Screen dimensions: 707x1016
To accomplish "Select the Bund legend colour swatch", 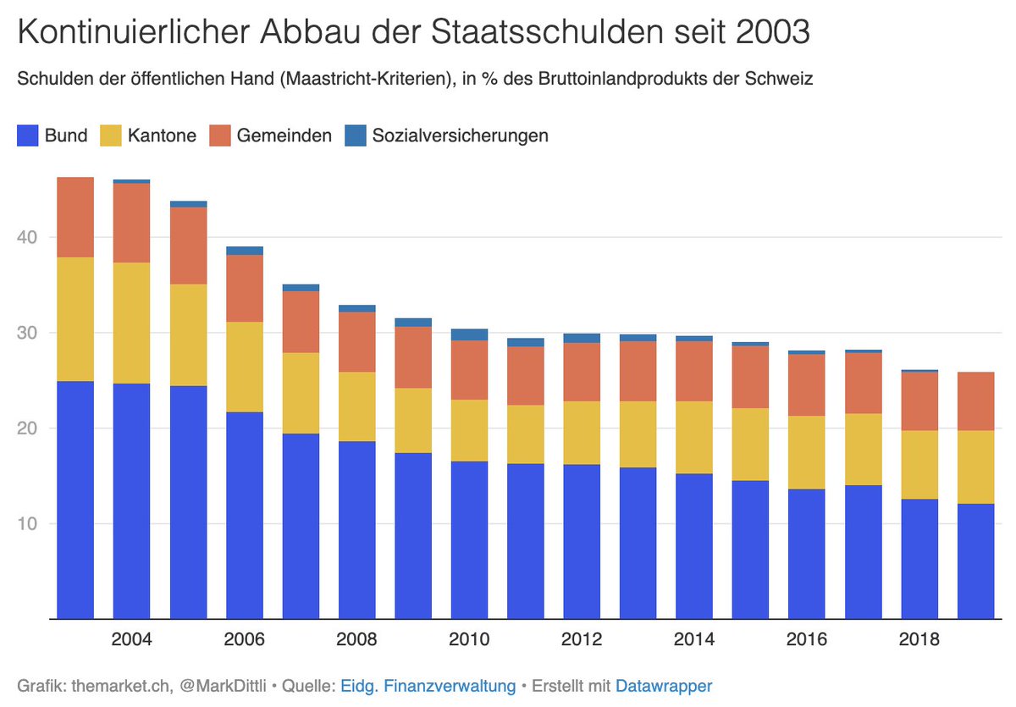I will pyautogui.click(x=28, y=135).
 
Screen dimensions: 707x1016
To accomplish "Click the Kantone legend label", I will pyautogui.click(x=162, y=135).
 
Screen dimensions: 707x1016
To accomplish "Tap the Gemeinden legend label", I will pyautogui.click(x=284, y=135).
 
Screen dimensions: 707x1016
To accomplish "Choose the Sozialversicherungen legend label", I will pyautogui.click(x=460, y=135).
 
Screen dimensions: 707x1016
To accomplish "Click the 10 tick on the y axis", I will pyautogui.click(x=28, y=523).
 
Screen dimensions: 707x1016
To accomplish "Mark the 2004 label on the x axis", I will pyautogui.click(x=131, y=639).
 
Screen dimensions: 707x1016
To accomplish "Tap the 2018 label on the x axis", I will pyautogui.click(x=919, y=639).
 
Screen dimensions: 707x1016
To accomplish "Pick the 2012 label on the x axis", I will pyautogui.click(x=582, y=639).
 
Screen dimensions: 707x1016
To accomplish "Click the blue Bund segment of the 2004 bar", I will pyautogui.click(x=131, y=500).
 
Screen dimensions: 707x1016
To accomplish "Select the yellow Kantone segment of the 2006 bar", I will pyautogui.click(x=244, y=367).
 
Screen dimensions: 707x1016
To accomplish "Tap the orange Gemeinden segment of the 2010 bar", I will pyautogui.click(x=469, y=369).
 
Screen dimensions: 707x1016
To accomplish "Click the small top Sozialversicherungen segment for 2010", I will pyautogui.click(x=469, y=334).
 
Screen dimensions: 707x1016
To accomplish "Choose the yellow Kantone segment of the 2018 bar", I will pyautogui.click(x=919, y=464).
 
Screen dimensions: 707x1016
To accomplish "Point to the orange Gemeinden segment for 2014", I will pyautogui.click(x=694, y=371).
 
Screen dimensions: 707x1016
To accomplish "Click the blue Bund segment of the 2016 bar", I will pyautogui.click(x=807, y=554).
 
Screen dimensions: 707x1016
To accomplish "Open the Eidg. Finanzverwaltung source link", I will pyautogui.click(x=428, y=686).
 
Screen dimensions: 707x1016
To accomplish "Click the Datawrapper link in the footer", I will pyautogui.click(x=664, y=686).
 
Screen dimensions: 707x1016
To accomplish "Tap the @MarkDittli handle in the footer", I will pyautogui.click(x=219, y=686).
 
